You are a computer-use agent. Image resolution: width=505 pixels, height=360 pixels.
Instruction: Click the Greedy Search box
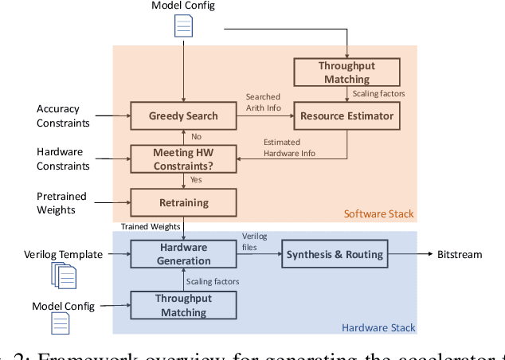click(184, 116)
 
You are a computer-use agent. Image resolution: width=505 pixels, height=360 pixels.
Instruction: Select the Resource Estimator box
click(346, 116)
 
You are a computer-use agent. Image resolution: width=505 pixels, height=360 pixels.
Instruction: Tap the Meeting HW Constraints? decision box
click(184, 157)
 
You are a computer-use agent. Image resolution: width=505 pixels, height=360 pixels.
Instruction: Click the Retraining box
click(184, 202)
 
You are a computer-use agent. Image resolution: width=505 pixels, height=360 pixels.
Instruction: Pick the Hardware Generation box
click(184, 254)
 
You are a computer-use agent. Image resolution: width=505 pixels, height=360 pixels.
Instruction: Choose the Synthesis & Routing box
click(335, 254)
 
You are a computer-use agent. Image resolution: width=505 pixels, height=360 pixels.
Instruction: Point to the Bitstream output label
click(459, 254)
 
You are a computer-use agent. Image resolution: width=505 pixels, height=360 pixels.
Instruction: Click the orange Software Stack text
click(379, 213)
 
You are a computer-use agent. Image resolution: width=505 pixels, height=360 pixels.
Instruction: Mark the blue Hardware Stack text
click(378, 327)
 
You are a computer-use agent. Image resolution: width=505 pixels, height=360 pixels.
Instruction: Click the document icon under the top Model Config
click(184, 28)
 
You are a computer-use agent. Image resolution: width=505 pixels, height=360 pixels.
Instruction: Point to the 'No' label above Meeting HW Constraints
click(195, 136)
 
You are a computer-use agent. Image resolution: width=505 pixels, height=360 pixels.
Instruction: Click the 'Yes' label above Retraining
click(196, 179)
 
